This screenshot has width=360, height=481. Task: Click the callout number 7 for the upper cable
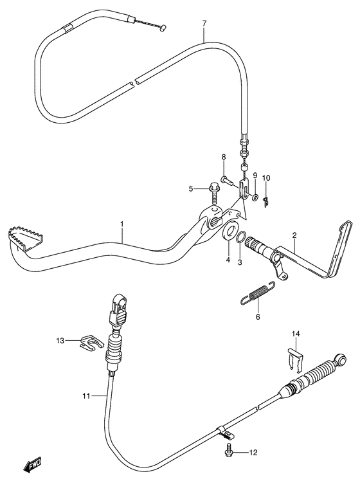[x=204, y=24]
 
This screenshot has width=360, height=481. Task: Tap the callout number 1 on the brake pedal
[x=121, y=224]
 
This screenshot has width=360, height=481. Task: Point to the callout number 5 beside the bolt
[x=190, y=188]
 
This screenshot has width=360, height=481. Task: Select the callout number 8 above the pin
[x=223, y=157]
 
